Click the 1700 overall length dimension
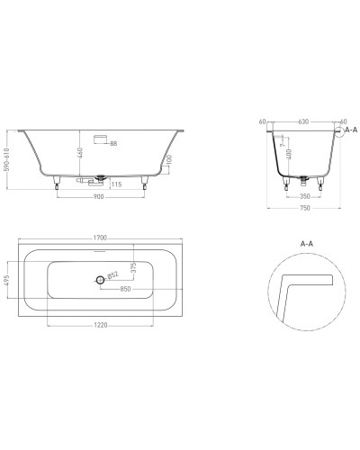click(x=99, y=238)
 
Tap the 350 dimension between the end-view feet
click(x=304, y=194)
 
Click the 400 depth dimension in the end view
click(x=289, y=156)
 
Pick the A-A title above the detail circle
click(x=306, y=243)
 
